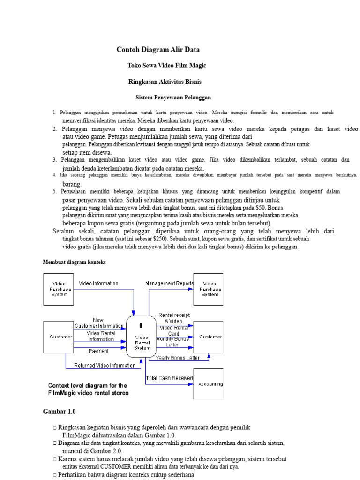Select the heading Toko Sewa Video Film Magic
pos(167,66)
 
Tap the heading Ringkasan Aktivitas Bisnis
pos(165,82)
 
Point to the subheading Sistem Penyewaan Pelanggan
pos(173,97)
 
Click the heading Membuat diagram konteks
pos(75,262)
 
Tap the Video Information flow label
pos(98,284)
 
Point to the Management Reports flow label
pos(169,284)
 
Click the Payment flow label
pos(98,351)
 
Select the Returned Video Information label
pos(105,366)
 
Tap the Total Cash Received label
pos(169,378)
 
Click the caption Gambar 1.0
pos(60,411)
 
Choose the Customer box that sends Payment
pos(59,337)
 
